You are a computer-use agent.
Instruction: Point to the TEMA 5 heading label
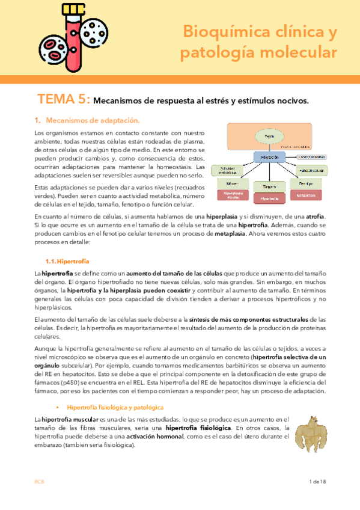coord(64,99)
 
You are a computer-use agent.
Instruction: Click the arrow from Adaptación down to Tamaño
coord(269,172)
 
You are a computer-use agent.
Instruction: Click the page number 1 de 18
coord(317,482)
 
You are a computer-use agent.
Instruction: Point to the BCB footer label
coord(38,482)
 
